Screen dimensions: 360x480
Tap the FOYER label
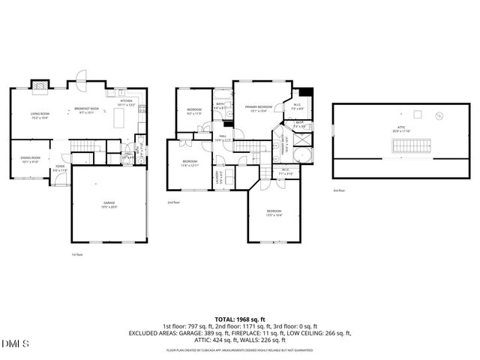click(60, 169)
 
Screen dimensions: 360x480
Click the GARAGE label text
click(109, 205)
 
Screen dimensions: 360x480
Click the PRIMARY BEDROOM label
click(258, 108)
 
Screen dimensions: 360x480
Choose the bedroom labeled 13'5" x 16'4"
click(274, 213)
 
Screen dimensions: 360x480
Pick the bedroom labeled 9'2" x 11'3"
click(194, 112)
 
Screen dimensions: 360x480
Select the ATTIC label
click(401, 129)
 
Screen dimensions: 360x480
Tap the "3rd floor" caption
click(339, 191)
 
